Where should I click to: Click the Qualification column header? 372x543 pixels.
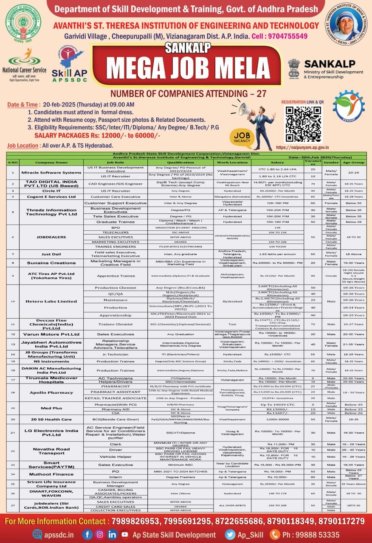(x=180, y=162)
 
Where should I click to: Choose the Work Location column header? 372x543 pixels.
(x=232, y=162)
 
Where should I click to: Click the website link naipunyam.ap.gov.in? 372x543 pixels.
(x=303, y=147)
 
